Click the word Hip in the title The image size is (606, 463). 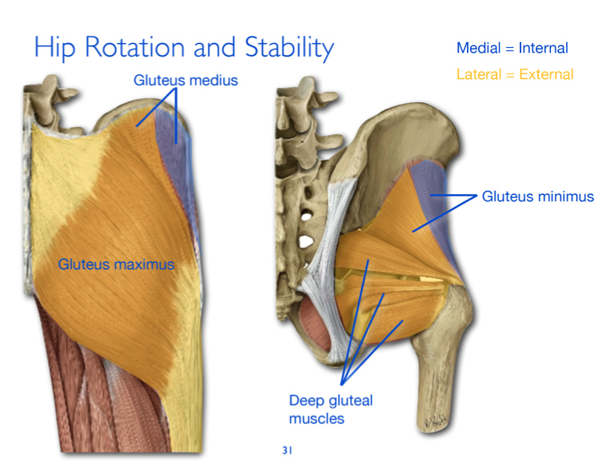pos(55,49)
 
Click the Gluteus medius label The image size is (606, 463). pos(185,81)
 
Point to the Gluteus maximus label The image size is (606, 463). pos(116,263)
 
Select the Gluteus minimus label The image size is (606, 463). pos(537,196)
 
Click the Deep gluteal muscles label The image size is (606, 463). pos(330,409)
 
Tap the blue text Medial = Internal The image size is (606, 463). pos(512,48)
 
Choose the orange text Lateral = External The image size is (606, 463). pos(515,74)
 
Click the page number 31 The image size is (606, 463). pos(287,450)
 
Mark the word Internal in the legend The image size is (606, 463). pos(543,48)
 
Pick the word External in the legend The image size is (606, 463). pos(548,74)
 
